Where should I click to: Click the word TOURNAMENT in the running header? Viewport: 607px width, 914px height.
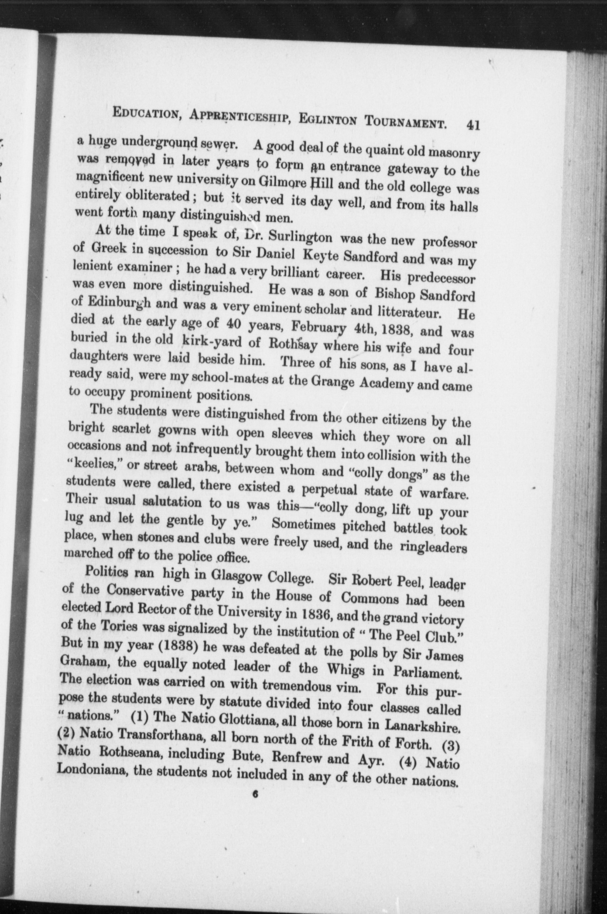(406, 122)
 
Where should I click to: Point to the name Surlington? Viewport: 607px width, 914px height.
(300, 237)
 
